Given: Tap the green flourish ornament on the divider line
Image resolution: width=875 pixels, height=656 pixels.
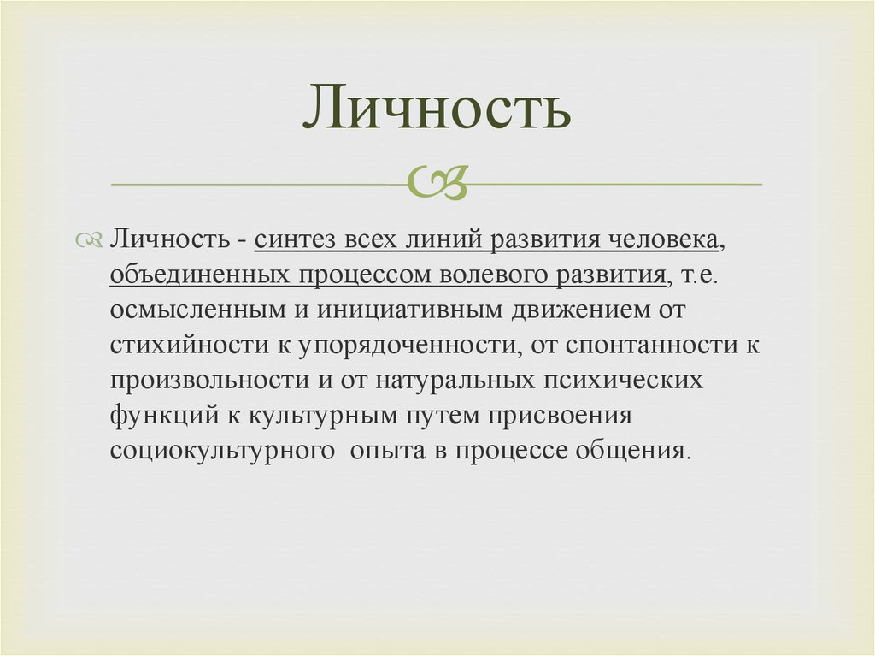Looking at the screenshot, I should tap(437, 181).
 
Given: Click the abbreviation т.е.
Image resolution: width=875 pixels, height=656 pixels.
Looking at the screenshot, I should tap(700, 275).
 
